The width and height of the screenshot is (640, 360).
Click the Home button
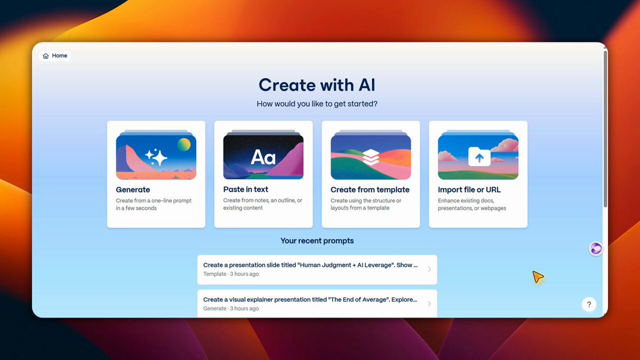point(55,55)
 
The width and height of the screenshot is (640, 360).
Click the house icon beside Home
point(46,55)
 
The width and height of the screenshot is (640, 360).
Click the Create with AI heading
point(317,85)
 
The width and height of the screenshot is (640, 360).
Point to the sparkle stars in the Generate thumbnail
point(156,157)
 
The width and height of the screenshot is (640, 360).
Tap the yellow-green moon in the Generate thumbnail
point(183,145)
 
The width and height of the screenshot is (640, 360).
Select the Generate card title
point(133,190)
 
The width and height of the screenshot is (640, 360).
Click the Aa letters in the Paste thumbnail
point(263,157)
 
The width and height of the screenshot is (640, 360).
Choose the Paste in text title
point(246,189)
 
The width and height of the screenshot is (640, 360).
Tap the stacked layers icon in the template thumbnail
point(371,157)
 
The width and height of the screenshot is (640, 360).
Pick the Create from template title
point(370,190)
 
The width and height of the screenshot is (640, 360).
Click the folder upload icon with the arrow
point(479,157)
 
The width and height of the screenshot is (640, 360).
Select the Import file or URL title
point(469,190)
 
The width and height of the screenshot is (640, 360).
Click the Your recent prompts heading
point(317,241)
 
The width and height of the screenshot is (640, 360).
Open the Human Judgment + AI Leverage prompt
point(310,265)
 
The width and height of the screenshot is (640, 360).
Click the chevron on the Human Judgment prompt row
point(429,269)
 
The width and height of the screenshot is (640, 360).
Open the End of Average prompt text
point(310,300)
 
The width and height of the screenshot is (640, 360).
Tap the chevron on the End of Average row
point(429,303)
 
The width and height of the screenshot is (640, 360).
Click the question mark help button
point(589,305)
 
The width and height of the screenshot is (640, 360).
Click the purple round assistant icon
point(596,249)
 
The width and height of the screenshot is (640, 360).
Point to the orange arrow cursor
point(538,277)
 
